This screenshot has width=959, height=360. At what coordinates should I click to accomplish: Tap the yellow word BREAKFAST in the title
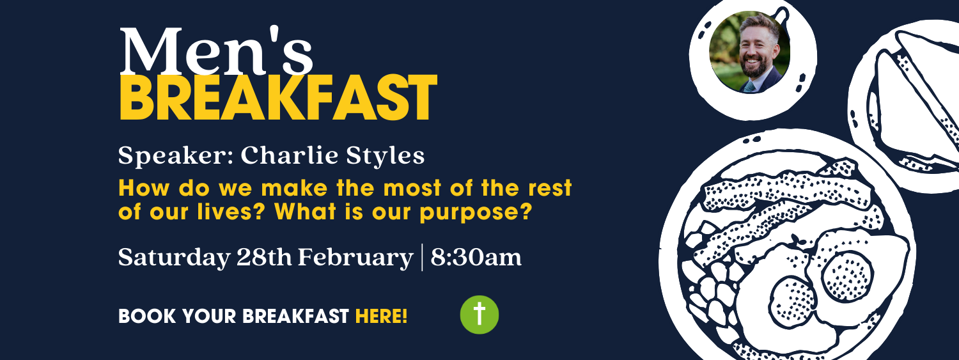coord(278,99)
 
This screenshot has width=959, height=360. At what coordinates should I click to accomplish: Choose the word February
coord(355,258)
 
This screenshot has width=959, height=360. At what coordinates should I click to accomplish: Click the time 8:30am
coord(476,257)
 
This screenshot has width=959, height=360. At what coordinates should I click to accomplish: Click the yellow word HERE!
coord(381,316)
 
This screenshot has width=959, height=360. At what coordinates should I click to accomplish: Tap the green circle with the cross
coord(479,315)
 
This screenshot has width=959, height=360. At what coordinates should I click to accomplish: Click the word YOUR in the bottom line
coord(191,316)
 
